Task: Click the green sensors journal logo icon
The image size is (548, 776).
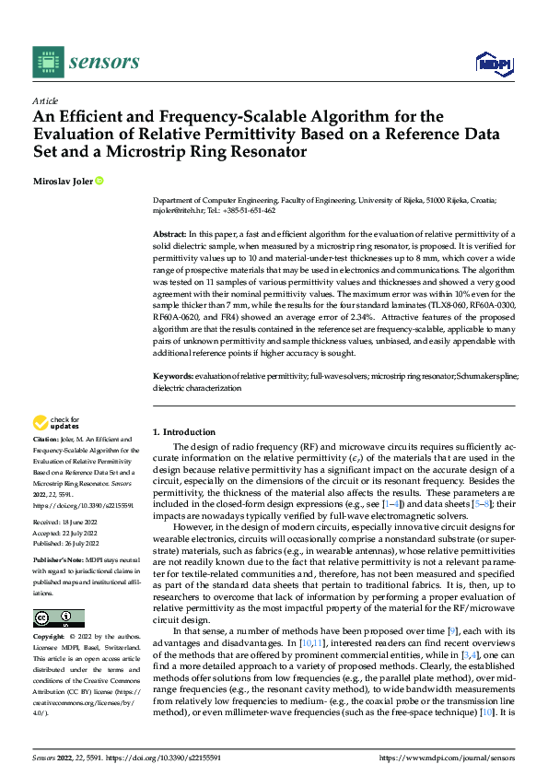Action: tap(47, 62)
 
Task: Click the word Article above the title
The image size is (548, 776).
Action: tap(44, 100)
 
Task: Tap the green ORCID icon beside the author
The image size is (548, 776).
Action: tap(99, 181)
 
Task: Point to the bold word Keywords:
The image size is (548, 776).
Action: tap(172, 376)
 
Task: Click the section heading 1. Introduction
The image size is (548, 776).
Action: tap(184, 431)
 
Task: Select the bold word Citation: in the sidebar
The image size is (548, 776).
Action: tap(47, 441)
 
